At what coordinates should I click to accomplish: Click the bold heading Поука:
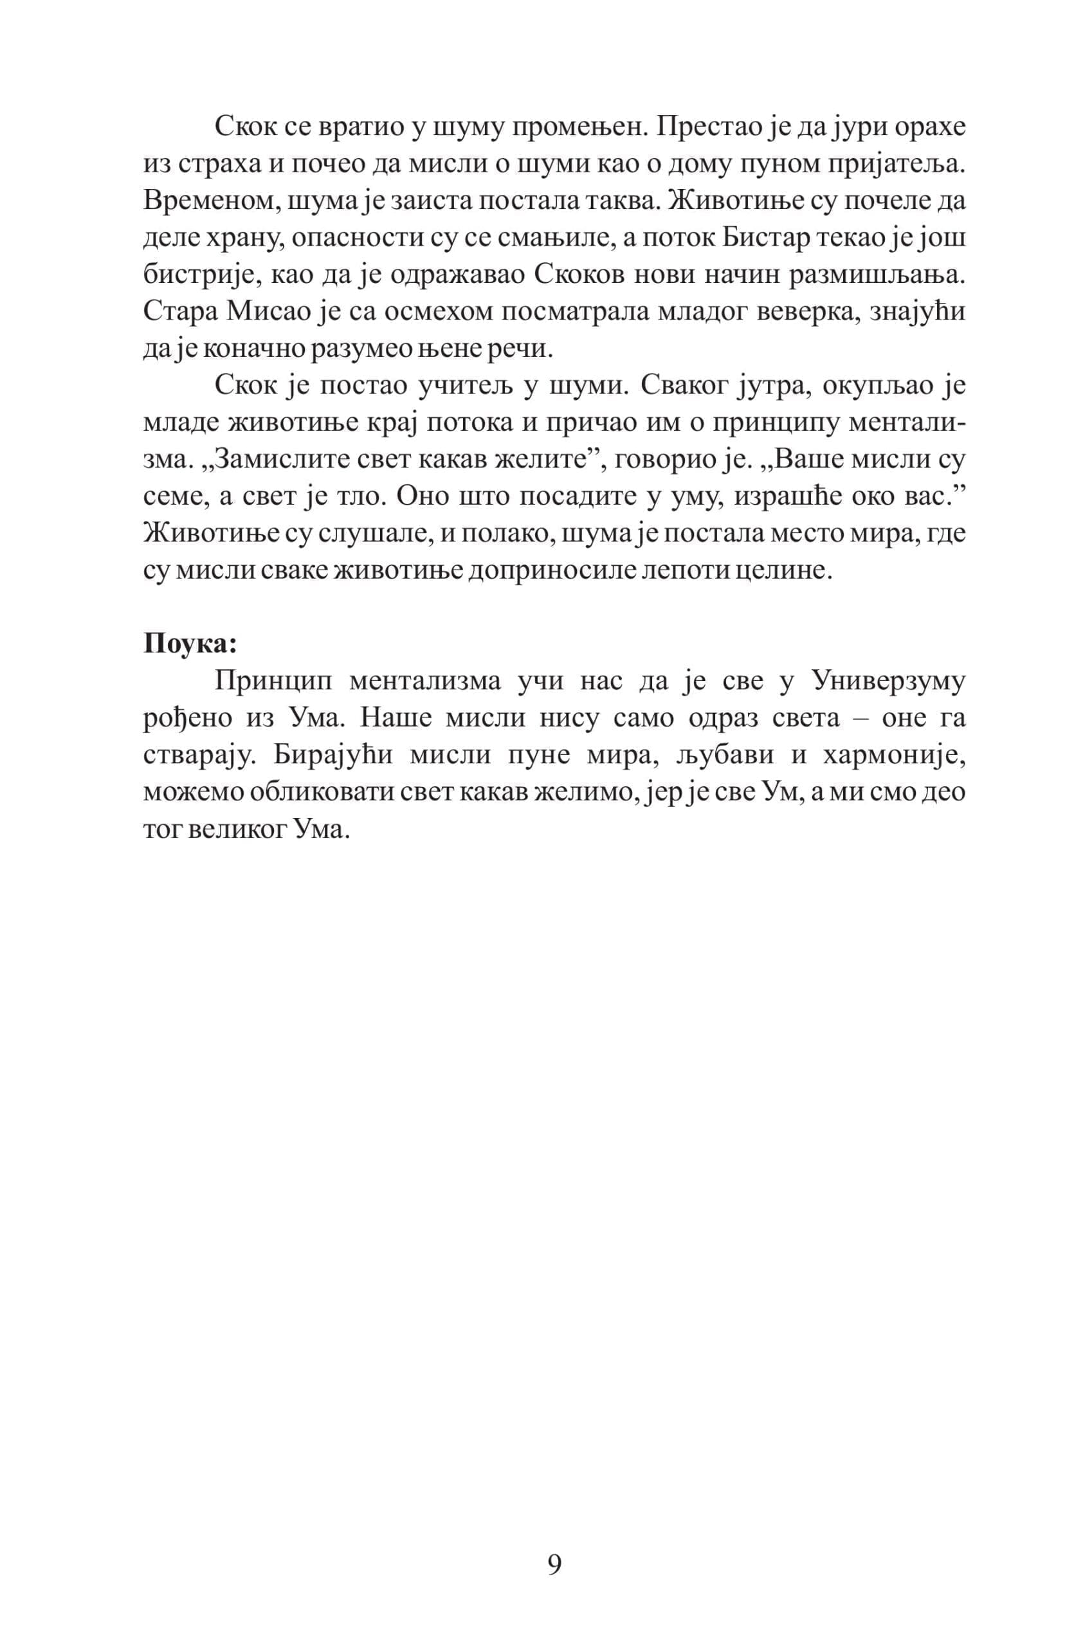tap(190, 644)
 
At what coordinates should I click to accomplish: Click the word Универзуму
tap(887, 680)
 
